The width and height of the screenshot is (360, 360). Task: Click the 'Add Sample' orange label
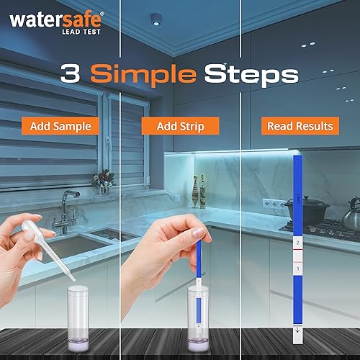(60, 126)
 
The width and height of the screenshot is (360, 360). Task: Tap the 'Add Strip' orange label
(179, 126)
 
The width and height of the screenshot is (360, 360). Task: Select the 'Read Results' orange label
(300, 126)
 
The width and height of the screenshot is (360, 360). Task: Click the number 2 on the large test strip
(297, 244)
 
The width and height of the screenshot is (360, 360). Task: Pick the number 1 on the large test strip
(297, 268)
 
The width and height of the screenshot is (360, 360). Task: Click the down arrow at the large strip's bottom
(297, 331)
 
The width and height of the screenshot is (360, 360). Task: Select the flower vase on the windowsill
(106, 179)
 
